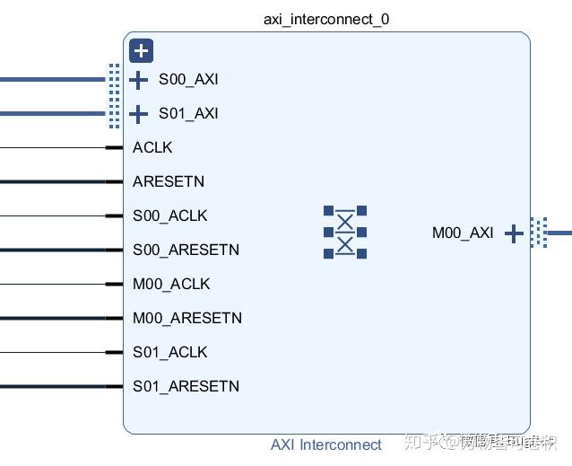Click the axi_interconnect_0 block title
(x=326, y=19)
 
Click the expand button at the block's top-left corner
(x=141, y=51)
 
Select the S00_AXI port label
(x=188, y=79)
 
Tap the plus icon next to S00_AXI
(x=138, y=80)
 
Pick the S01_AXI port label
(x=188, y=113)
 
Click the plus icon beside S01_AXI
(x=138, y=114)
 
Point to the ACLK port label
(x=152, y=147)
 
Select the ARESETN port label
(x=169, y=181)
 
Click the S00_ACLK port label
(x=170, y=215)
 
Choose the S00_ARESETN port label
(x=186, y=250)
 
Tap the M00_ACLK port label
(x=171, y=284)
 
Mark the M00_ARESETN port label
(x=187, y=318)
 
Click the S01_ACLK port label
(x=170, y=352)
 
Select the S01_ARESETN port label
(x=186, y=386)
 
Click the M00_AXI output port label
(x=463, y=233)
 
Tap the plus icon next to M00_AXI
(x=514, y=233)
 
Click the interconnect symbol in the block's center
(x=345, y=233)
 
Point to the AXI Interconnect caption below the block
(x=326, y=444)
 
